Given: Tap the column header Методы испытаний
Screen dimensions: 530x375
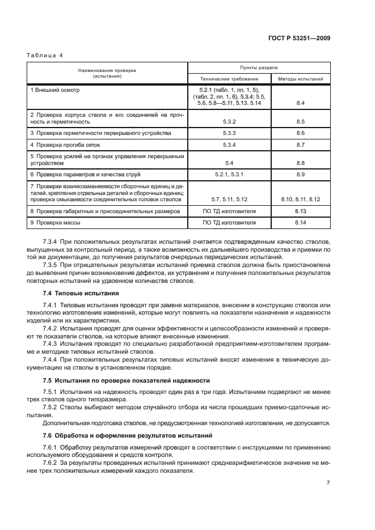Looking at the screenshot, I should (x=301, y=79).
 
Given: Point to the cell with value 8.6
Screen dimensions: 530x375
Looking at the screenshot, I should (x=301, y=132).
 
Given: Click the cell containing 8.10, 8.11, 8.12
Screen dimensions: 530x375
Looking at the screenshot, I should (x=301, y=200).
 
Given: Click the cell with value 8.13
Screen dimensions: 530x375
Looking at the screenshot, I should (x=301, y=210).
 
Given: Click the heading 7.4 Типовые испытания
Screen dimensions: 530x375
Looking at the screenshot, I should (x=81, y=294).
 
